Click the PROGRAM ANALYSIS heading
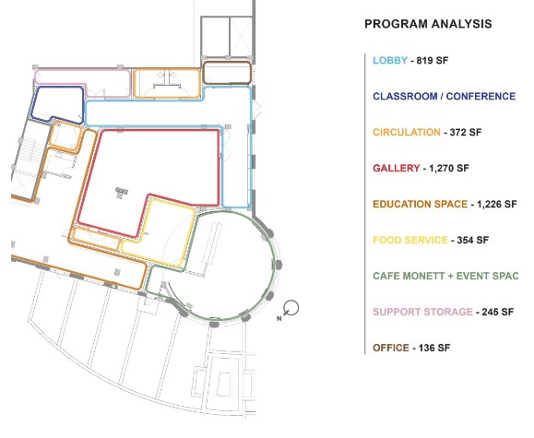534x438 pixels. [x=428, y=24]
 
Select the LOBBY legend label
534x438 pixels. [x=390, y=61]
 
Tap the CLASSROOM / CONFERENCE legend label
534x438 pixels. [x=445, y=97]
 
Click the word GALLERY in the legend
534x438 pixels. [x=397, y=168]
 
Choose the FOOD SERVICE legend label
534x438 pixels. [x=410, y=240]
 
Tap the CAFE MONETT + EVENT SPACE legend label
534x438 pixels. [x=445, y=276]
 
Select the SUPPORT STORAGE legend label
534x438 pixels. [x=422, y=312]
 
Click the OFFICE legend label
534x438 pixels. [x=391, y=348]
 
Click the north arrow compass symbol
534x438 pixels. [x=290, y=309]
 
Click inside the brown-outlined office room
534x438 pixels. [x=227, y=73]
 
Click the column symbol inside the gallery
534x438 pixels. [x=121, y=193]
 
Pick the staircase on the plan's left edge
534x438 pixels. [x=32, y=151]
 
